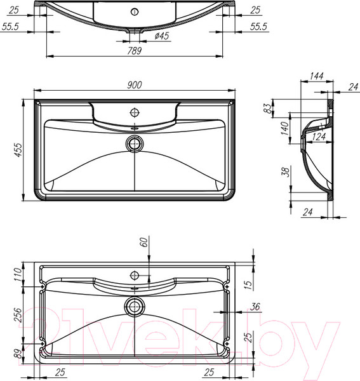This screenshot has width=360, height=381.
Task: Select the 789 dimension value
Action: tap(134, 50)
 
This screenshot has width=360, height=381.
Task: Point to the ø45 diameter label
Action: tap(161, 36)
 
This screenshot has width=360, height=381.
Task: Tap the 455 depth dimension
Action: tap(19, 149)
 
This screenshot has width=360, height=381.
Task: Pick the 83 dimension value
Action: tap(269, 109)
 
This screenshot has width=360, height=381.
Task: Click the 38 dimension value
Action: tap(285, 171)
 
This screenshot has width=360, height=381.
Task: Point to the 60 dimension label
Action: tap(143, 242)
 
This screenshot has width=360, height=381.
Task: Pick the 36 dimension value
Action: tap(255, 307)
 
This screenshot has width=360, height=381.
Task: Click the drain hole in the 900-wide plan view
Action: tap(135, 143)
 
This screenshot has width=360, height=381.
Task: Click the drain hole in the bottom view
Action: tap(135, 305)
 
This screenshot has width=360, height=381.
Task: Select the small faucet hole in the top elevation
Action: tap(135, 11)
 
